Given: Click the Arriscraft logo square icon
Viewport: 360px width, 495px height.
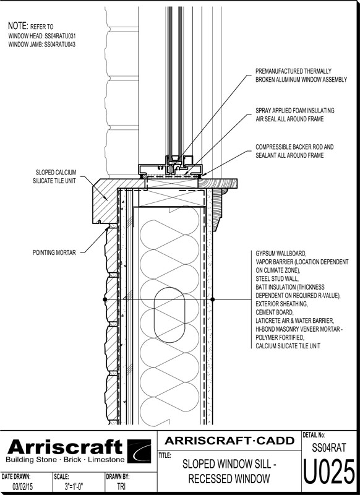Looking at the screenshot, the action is coord(139,451).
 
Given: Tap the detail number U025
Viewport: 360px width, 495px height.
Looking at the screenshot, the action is coord(329,472).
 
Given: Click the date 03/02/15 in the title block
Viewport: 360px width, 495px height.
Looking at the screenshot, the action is coord(22,486).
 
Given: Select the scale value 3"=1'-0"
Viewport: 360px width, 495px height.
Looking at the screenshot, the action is coord(74,486).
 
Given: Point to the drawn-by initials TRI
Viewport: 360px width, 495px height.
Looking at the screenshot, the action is coord(121,486).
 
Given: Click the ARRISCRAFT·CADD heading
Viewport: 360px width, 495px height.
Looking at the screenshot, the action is coord(229,441).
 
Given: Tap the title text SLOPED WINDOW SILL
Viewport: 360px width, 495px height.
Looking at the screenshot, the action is coord(229,464).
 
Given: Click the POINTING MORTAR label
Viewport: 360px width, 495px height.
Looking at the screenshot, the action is coord(54,252).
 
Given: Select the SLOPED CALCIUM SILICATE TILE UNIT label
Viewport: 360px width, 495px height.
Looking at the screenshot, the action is coord(54,176).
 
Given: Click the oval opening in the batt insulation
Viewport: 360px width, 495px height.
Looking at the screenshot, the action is coord(169,315).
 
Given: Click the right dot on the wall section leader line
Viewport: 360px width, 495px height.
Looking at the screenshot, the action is coord(212,299).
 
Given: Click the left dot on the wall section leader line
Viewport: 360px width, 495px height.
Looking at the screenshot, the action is coord(105,299).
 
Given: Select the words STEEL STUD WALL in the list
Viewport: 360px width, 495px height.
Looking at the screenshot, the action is coord(277,279).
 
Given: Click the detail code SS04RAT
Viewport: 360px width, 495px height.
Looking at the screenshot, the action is coord(329,447).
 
